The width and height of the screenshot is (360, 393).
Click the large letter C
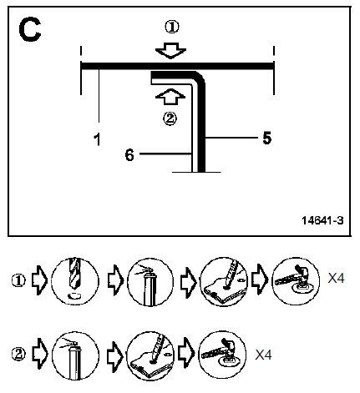pos(30,29)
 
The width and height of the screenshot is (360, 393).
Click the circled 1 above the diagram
pos(172,27)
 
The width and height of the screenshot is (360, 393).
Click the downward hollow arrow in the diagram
pos(170,51)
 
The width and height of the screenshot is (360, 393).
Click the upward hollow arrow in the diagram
pos(170,97)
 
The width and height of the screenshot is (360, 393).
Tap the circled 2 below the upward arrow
pos(170,118)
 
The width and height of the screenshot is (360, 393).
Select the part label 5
pos(267,138)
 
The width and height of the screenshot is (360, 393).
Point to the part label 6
pos(129,155)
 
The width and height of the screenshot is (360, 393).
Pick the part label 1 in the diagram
pos(97,139)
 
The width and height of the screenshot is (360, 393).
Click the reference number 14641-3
pos(322,220)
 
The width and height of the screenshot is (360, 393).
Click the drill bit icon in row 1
pos(75,281)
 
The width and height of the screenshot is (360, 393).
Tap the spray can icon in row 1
pos(150,281)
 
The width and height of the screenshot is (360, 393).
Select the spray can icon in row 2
pos(75,355)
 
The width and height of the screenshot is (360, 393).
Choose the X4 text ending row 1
pos(336,278)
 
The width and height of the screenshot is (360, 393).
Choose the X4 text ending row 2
pos(263,355)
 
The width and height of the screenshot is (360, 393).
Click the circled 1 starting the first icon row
pos(18,280)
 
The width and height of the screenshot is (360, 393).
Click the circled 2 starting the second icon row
pos(18,355)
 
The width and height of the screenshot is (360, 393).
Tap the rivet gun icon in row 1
pos(296,281)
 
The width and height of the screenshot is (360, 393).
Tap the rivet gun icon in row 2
pos(222,355)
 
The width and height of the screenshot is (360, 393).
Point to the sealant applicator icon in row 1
pos(224,281)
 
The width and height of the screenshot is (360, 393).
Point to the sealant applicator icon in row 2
pos(150,355)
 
